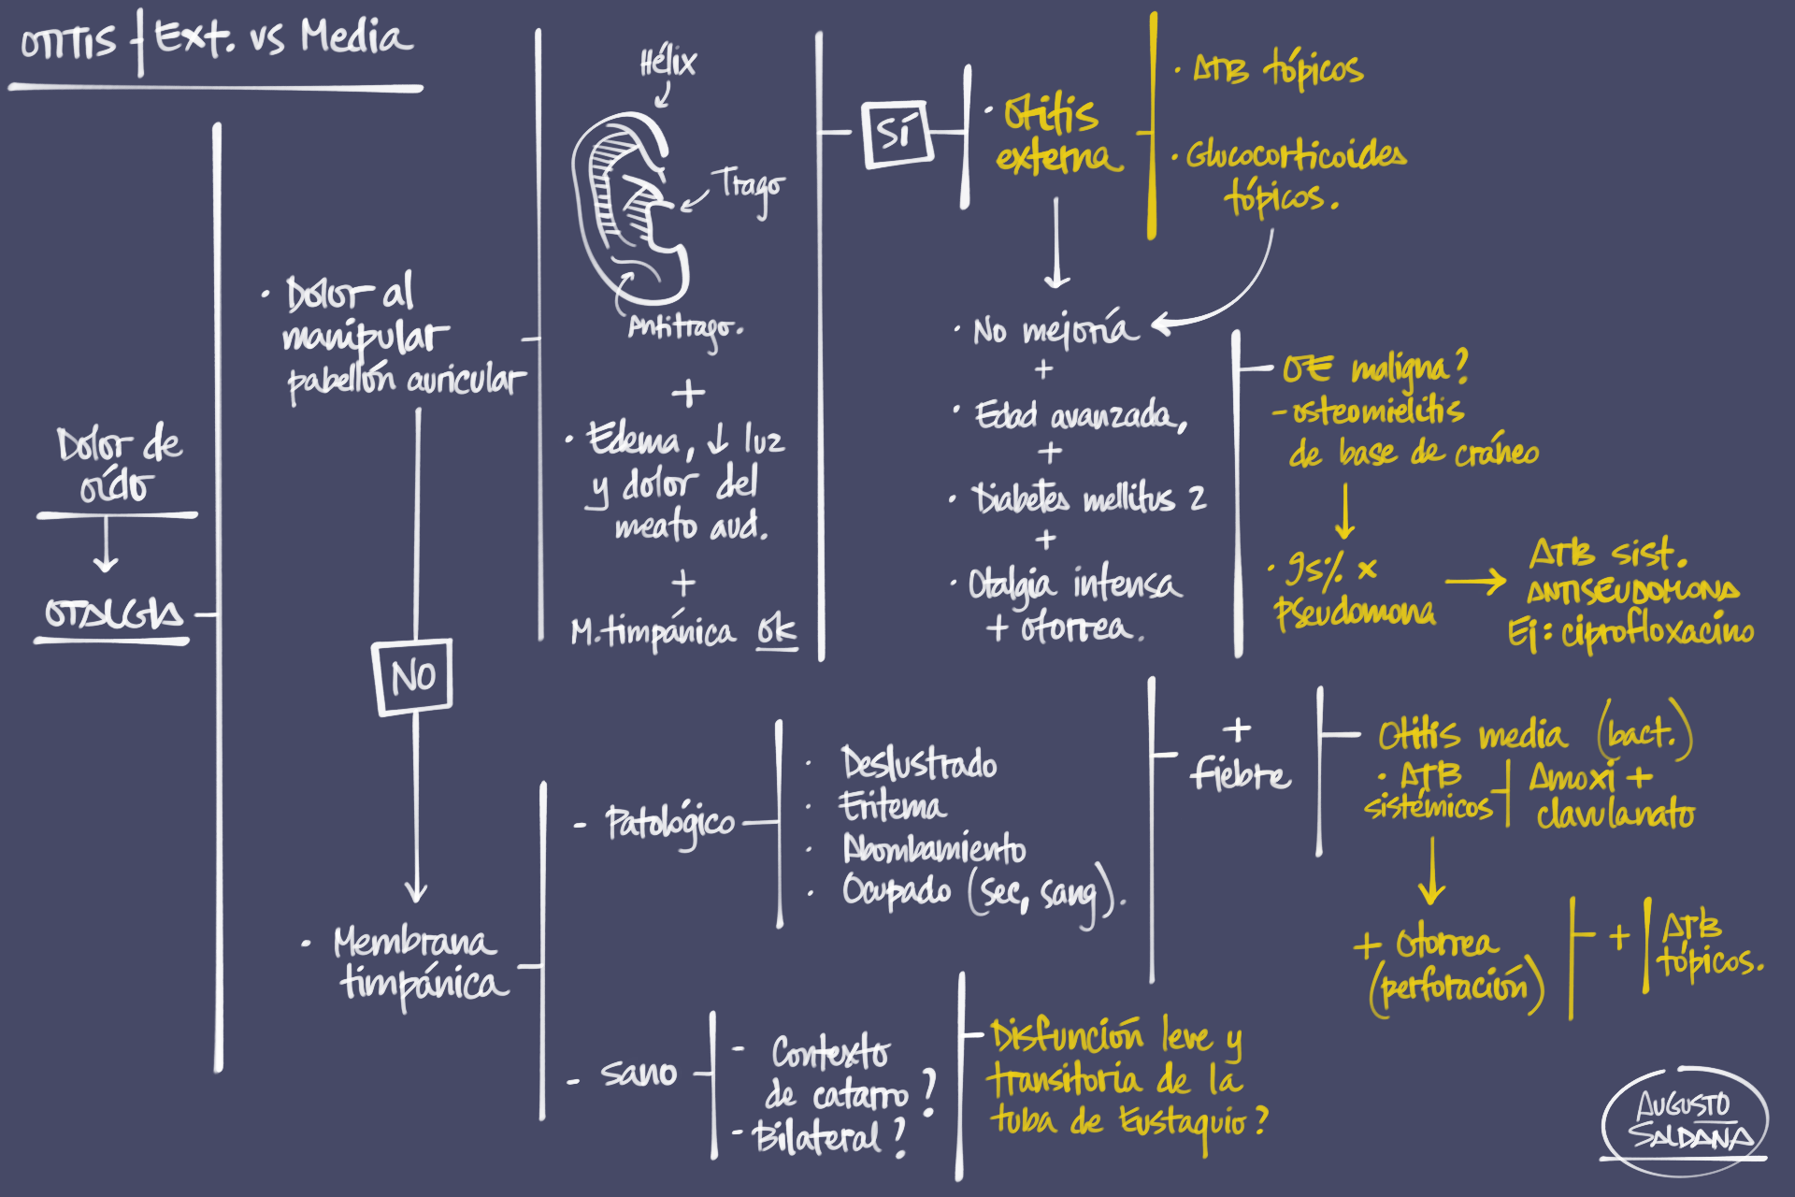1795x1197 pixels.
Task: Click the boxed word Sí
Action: pos(896,134)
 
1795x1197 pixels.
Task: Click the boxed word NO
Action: pos(412,676)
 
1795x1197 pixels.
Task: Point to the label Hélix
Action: pos(668,64)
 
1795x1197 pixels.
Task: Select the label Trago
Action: pos(751,187)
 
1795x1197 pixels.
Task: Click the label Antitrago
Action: pos(684,328)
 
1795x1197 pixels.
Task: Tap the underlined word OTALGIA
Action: pos(113,614)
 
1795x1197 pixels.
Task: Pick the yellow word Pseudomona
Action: pos(1355,612)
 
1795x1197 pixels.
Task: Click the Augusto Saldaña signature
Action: pos(1686,1119)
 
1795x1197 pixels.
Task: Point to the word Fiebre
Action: pos(1240,774)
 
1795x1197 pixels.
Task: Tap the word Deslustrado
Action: pos(918,764)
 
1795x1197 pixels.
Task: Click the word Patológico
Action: pos(669,823)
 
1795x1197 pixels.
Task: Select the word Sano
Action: pos(639,1073)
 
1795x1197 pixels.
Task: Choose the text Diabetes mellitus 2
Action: pos(1089,498)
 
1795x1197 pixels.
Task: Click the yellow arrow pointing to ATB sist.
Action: pos(1474,582)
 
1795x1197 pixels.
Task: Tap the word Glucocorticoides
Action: pos(1296,155)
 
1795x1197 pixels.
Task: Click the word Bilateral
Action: pos(816,1137)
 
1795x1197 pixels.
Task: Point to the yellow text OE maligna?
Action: pos(1374,368)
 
